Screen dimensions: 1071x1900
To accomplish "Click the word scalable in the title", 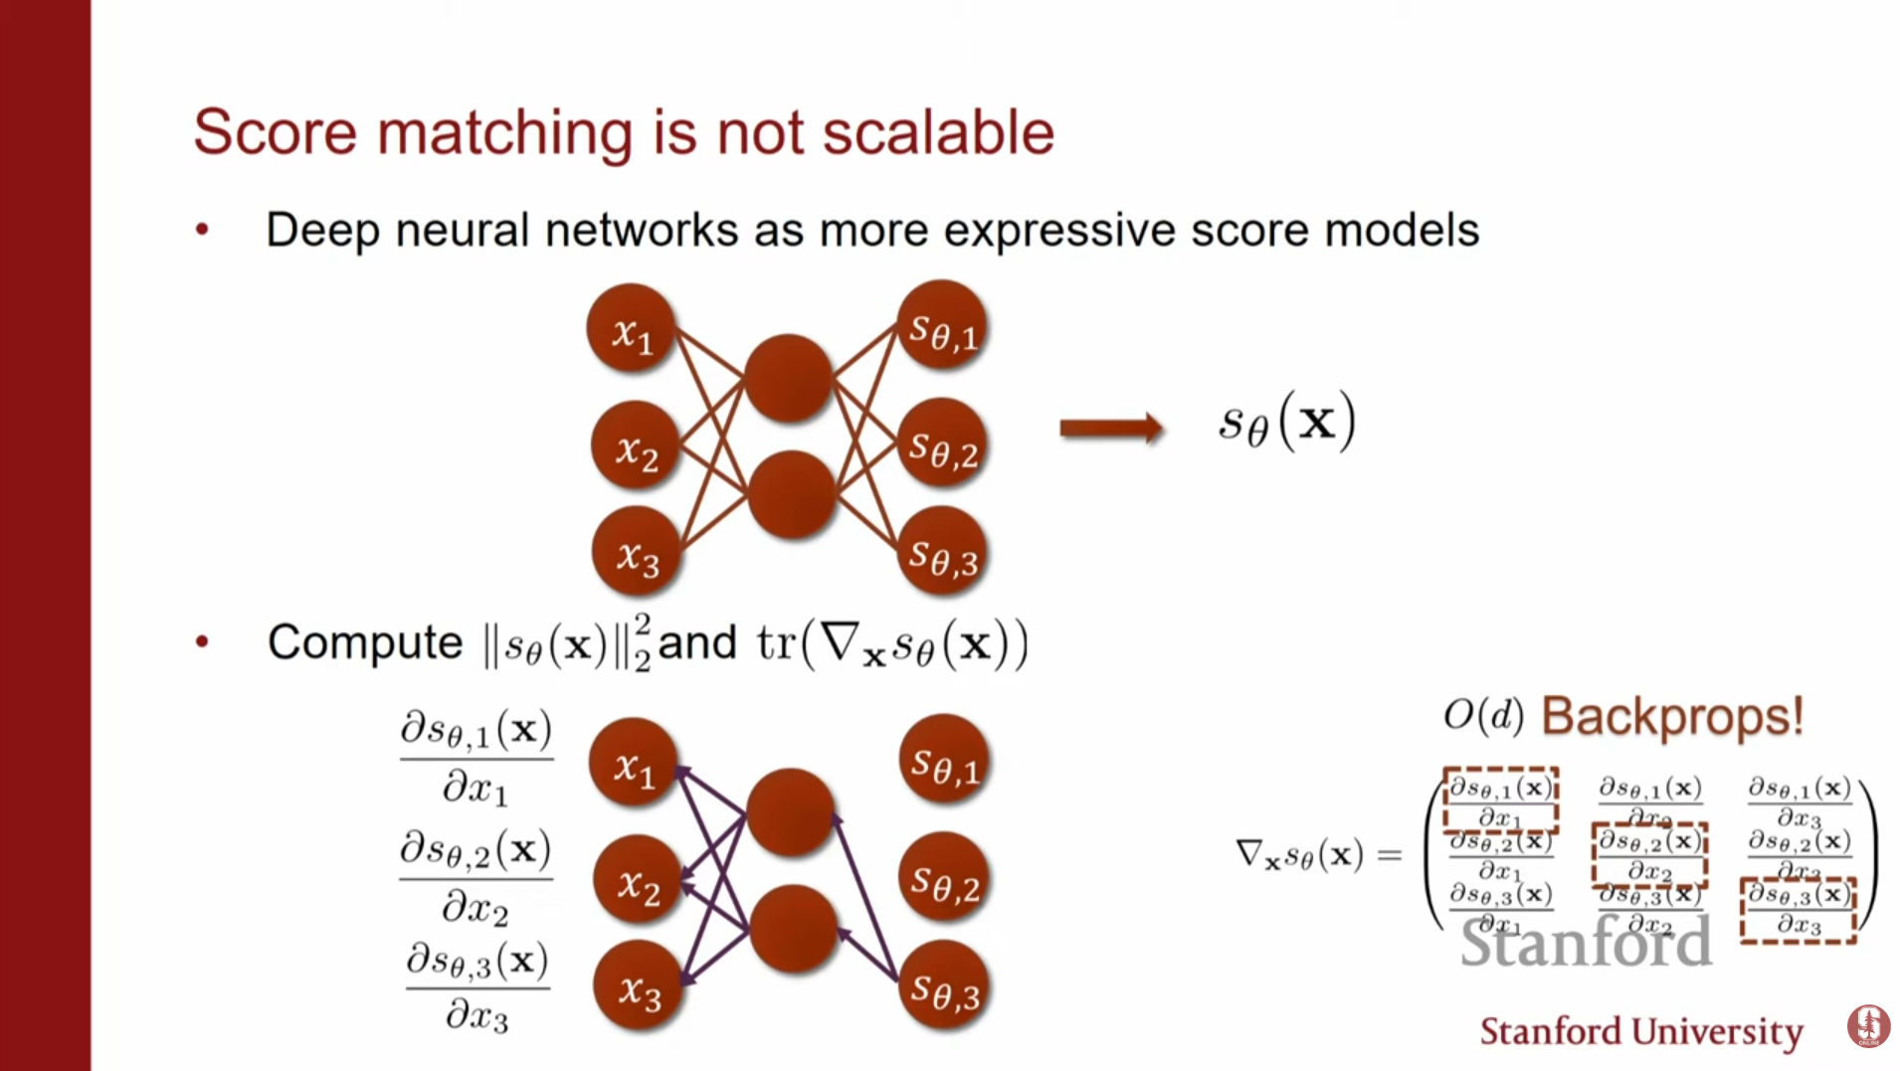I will [938, 132].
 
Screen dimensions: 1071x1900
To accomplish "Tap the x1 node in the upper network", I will [631, 329].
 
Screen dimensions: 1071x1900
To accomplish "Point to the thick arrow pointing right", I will [1110, 429].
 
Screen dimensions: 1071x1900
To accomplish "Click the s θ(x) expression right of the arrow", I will [1286, 423].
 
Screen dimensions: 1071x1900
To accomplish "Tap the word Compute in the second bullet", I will [364, 643].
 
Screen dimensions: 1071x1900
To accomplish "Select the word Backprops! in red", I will [1671, 716].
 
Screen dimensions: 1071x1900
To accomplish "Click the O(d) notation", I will [1482, 714].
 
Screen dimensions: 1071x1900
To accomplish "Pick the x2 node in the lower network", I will [638, 881].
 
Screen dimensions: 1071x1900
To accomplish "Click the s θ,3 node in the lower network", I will [944, 986].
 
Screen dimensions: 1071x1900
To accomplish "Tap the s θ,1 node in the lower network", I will [944, 761].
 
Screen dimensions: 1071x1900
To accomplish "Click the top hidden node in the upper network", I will [788, 378].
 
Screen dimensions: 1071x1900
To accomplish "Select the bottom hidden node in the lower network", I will [793, 929].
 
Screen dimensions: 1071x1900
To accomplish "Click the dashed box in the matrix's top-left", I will [1500, 801].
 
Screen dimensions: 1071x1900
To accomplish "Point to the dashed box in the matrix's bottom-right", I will [1799, 910].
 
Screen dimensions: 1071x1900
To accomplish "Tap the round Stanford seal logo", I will [1867, 1025].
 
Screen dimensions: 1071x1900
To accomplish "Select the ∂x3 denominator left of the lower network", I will [476, 1015].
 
